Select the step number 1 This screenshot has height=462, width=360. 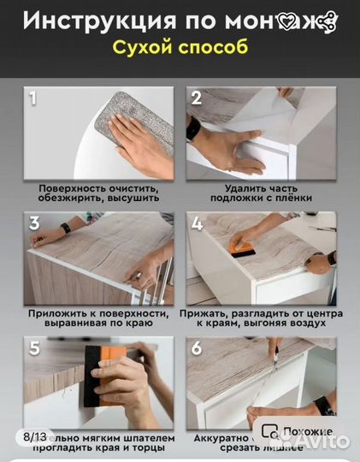pyautogui.click(x=34, y=98)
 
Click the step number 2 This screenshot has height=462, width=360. pyautogui.click(x=196, y=98)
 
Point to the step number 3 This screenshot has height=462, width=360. pyautogui.click(x=34, y=224)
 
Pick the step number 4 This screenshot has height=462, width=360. pyautogui.click(x=197, y=224)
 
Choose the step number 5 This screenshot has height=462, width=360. pyautogui.click(x=34, y=348)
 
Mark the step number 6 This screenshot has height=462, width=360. pyautogui.click(x=197, y=348)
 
